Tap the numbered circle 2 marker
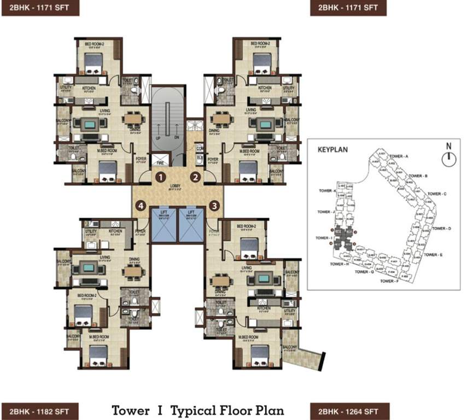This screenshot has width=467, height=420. [195, 177]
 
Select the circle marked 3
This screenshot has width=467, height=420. [214, 206]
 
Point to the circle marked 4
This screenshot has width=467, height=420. [142, 206]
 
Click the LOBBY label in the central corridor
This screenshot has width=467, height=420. [175, 186]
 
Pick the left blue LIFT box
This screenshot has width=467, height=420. [164, 225]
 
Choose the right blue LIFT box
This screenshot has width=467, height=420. [191, 225]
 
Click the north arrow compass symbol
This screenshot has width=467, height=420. [448, 157]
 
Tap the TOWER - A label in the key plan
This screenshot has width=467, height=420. [399, 156]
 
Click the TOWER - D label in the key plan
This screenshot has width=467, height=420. [441, 228]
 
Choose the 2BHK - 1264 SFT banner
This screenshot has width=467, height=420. [349, 410]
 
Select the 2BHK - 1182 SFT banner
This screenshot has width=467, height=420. [40, 410]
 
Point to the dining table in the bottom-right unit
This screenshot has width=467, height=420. [221, 280]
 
